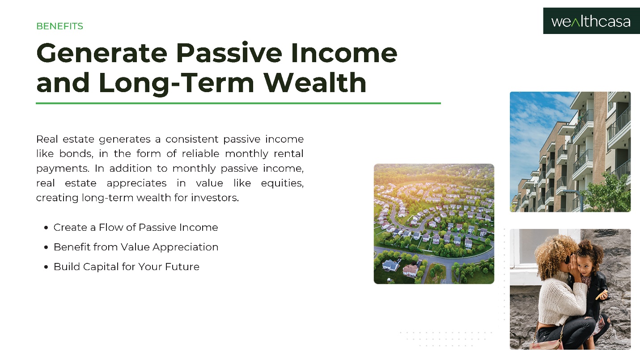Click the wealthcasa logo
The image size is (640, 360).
tap(591, 21)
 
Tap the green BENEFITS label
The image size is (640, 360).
tap(60, 26)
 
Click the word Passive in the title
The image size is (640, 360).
tap(229, 53)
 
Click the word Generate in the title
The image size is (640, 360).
tap(102, 53)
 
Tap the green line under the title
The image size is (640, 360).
tap(238, 103)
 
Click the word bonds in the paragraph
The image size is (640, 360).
tap(76, 154)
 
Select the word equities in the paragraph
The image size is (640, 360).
tap(282, 183)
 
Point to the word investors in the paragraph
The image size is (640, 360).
tap(215, 198)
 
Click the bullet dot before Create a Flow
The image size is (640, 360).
tap(46, 228)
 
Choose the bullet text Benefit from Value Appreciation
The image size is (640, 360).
tap(136, 247)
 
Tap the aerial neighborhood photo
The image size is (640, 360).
tap(434, 224)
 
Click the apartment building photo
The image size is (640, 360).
tap(570, 152)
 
